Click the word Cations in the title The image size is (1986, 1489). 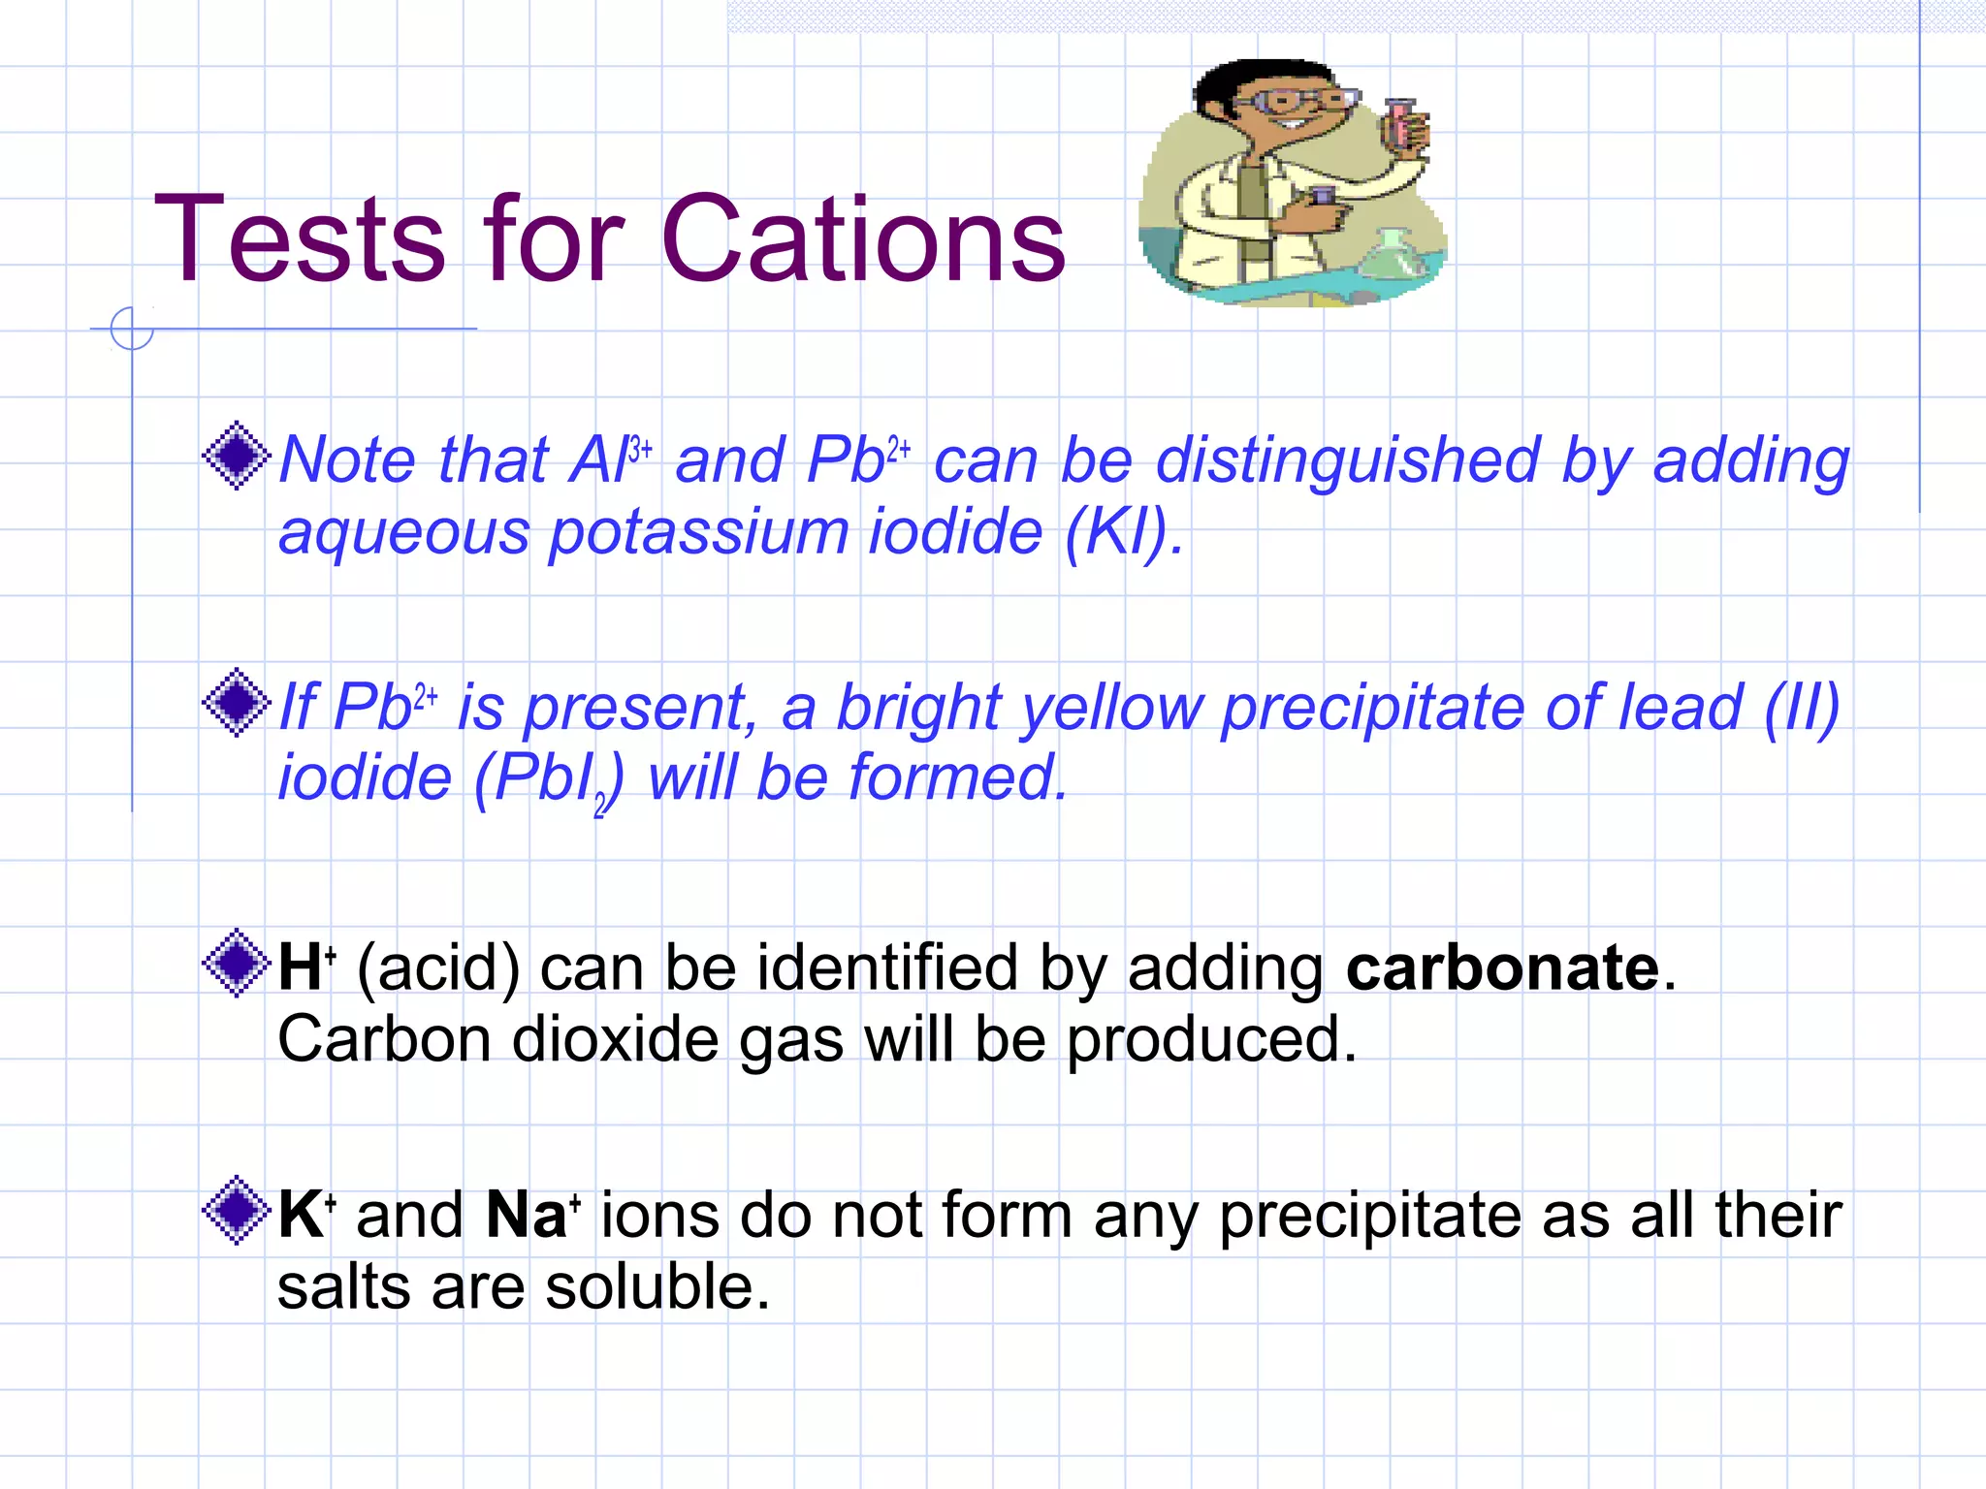point(863,239)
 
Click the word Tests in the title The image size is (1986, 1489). point(301,239)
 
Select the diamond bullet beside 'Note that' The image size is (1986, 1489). point(236,456)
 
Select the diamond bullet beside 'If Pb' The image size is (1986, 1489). point(236,702)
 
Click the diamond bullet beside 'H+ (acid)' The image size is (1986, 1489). point(236,963)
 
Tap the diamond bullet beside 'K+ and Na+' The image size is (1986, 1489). point(236,1210)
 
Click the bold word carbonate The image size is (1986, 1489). point(1502,967)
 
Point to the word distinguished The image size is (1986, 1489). point(1348,460)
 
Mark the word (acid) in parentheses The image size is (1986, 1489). point(438,968)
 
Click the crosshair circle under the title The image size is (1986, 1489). point(132,329)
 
